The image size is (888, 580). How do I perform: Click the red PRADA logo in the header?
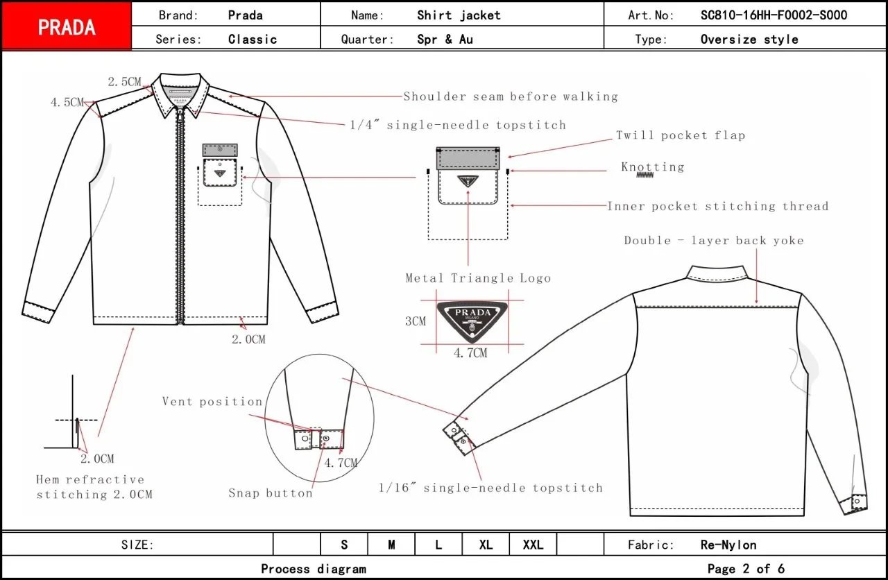pyautogui.click(x=66, y=26)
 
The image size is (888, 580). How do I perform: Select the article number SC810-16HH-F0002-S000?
pyautogui.click(x=774, y=15)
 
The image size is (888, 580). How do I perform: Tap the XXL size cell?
pyautogui.click(x=533, y=545)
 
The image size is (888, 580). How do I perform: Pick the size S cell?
pyautogui.click(x=344, y=545)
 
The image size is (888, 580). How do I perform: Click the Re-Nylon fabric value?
pyautogui.click(x=728, y=545)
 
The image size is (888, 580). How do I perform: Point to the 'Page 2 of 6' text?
pyautogui.click(x=746, y=569)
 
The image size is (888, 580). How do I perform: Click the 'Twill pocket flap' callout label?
pyautogui.click(x=681, y=135)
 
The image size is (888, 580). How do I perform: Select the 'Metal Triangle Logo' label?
pyautogui.click(x=478, y=278)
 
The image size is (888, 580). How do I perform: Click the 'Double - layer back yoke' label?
pyautogui.click(x=713, y=241)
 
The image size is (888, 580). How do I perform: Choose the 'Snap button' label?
pyautogui.click(x=271, y=493)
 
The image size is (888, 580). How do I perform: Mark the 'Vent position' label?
pyautogui.click(x=212, y=402)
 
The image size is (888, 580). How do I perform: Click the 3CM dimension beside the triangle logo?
pyautogui.click(x=416, y=321)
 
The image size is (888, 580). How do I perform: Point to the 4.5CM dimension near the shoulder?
pyautogui.click(x=67, y=102)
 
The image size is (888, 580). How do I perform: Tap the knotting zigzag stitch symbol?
pyautogui.click(x=646, y=175)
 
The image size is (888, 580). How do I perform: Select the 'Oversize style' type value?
pyautogui.click(x=749, y=40)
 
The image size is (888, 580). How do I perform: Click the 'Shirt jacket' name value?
pyautogui.click(x=459, y=15)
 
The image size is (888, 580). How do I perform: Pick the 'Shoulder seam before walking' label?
pyautogui.click(x=511, y=96)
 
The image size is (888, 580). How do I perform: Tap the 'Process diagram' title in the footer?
pyautogui.click(x=314, y=569)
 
